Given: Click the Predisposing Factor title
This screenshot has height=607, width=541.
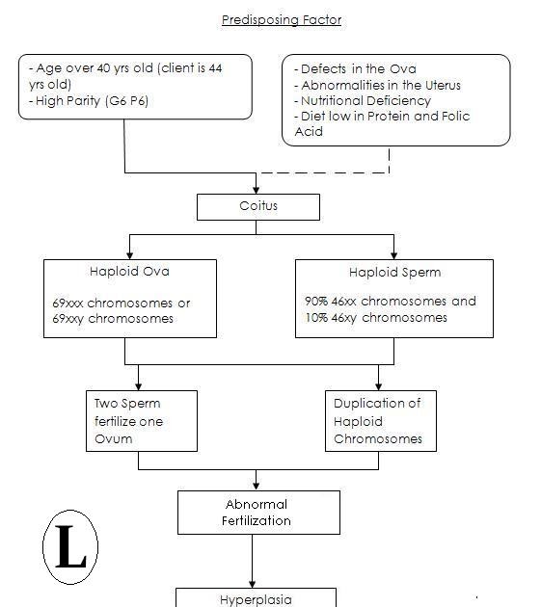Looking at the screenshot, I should [281, 19].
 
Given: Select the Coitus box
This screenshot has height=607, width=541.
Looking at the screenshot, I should [257, 206].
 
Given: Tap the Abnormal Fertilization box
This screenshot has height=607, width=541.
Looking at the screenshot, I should [257, 512].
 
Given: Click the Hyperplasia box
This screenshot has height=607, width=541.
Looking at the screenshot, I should [256, 598].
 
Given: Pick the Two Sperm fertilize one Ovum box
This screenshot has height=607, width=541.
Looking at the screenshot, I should [141, 420].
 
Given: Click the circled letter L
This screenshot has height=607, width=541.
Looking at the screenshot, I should [71, 549].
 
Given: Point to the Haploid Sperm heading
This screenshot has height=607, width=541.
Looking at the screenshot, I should [394, 272].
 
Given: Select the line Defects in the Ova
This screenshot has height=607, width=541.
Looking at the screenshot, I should [358, 69].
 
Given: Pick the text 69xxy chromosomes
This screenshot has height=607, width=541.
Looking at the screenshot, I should [113, 318].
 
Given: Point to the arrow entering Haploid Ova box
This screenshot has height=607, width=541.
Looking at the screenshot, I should [129, 249].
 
